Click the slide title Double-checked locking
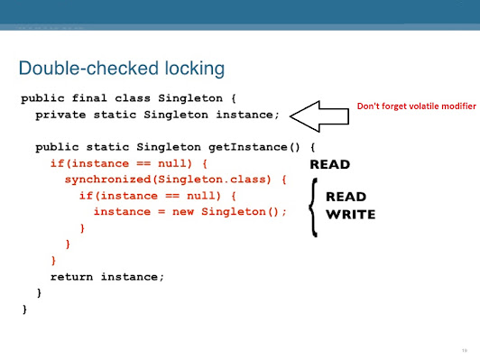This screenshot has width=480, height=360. (x=122, y=68)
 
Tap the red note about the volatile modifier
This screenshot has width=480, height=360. (x=416, y=106)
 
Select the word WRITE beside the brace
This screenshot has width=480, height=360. (x=350, y=215)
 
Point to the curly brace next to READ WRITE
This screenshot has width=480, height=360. (x=313, y=206)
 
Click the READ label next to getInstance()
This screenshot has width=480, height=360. (x=330, y=165)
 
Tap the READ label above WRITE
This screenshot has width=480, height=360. (x=345, y=196)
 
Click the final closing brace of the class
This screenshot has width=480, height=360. (x=24, y=309)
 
